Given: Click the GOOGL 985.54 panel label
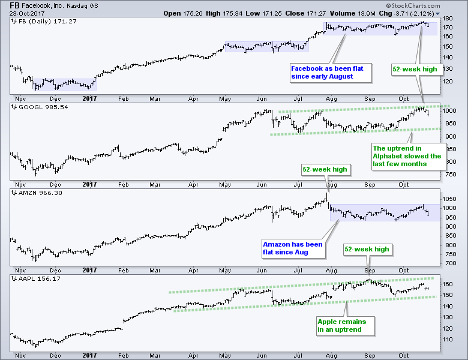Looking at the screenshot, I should (37, 106).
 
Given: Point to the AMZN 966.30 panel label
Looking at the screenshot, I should (35, 193).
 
